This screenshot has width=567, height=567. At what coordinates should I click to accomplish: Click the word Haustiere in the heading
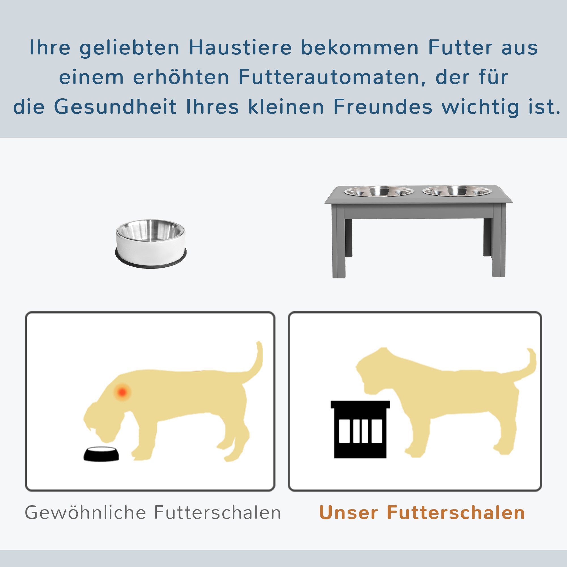[240, 48]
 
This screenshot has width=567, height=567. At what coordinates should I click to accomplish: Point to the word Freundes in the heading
[383, 107]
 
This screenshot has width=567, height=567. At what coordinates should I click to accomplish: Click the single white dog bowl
[151, 243]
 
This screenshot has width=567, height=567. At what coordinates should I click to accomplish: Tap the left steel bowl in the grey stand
[379, 191]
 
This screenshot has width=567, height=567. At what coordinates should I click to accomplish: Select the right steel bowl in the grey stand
[457, 191]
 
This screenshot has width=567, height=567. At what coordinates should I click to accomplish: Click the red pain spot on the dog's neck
[122, 392]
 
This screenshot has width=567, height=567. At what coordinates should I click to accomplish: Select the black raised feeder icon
[360, 429]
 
